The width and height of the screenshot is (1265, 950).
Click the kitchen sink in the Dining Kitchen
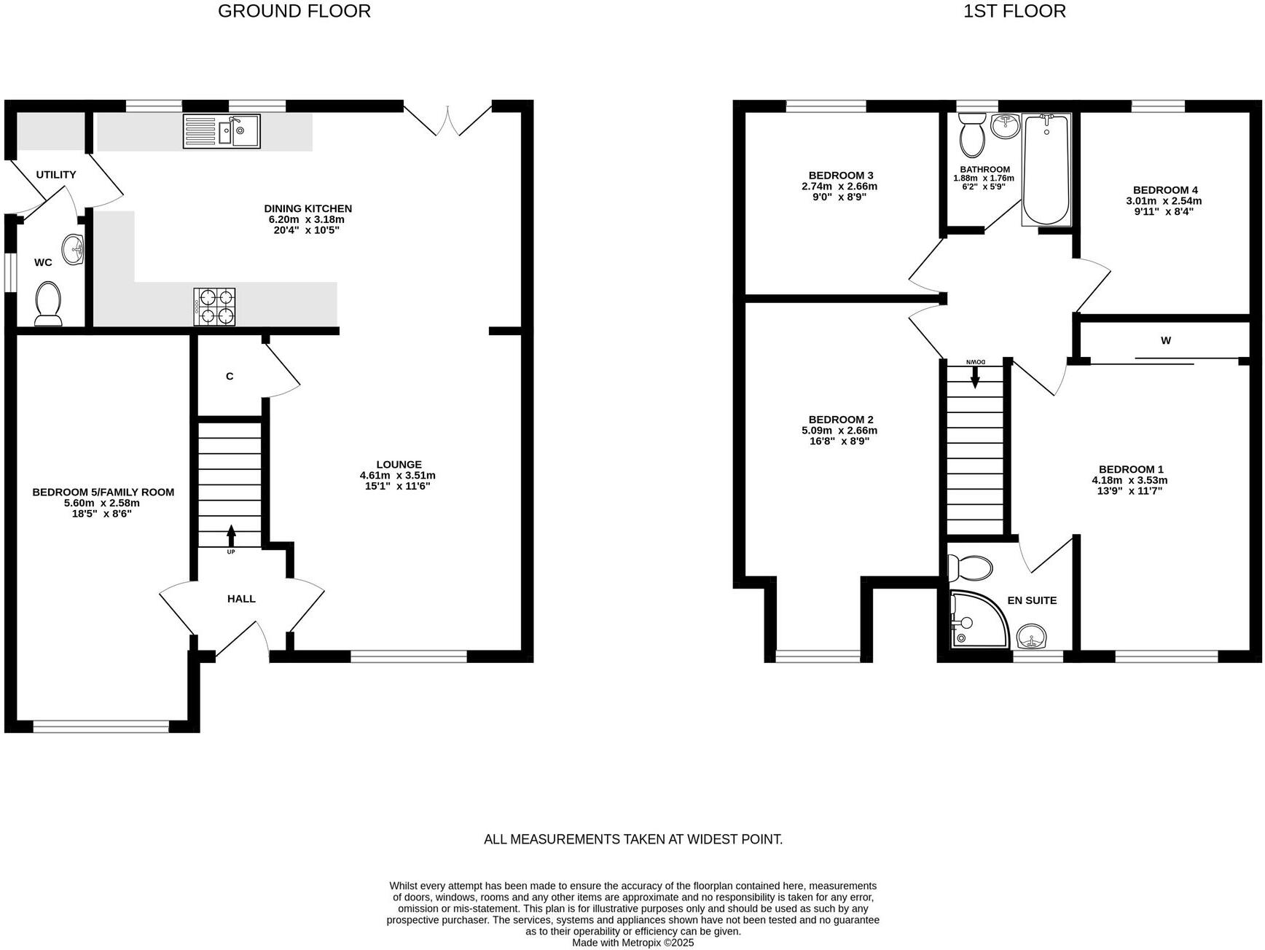click(222, 131)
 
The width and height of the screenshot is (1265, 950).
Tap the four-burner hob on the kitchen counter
click(214, 307)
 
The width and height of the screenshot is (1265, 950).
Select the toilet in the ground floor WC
click(49, 303)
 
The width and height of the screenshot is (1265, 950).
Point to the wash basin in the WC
click(74, 249)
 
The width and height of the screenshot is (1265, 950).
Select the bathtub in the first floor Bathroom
click(1046, 169)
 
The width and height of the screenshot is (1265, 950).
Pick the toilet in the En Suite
click(970, 567)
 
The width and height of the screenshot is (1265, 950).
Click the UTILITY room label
click(56, 175)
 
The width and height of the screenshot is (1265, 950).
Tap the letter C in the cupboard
click(230, 377)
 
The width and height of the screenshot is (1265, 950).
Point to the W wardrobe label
click(1166, 340)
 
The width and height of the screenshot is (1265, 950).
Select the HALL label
click(241, 599)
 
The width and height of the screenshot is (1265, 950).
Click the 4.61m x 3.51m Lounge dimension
click(398, 475)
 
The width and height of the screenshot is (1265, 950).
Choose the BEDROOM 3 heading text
click(841, 176)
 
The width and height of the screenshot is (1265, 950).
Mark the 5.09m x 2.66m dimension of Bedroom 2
click(841, 430)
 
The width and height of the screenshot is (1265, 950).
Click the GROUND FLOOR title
click(294, 11)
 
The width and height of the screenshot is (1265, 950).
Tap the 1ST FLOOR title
click(1014, 11)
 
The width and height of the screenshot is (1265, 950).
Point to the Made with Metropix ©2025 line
click(632, 943)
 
